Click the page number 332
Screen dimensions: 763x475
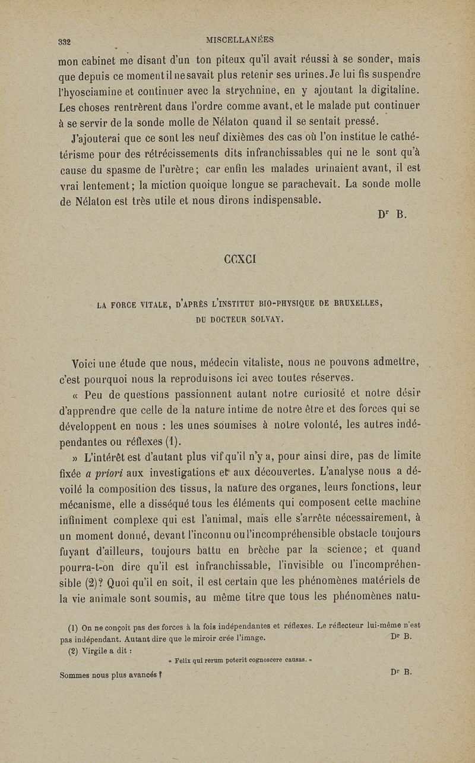pyautogui.click(x=64, y=42)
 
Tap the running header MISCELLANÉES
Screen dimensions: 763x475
pyautogui.click(x=239, y=40)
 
